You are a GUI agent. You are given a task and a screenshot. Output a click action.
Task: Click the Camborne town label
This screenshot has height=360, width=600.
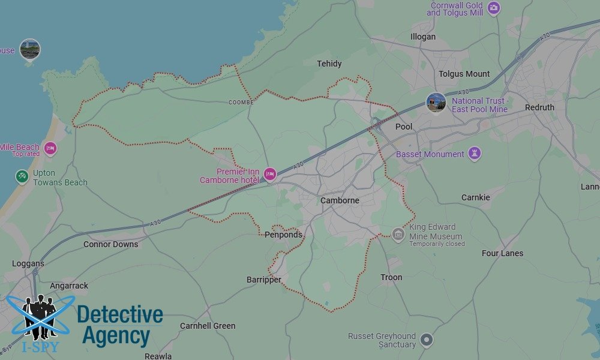pos(340,200)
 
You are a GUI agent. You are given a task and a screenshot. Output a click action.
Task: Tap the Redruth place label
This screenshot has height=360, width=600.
pos(539,107)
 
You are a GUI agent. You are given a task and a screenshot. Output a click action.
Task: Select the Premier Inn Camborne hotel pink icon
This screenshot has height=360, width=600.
pos(269,174)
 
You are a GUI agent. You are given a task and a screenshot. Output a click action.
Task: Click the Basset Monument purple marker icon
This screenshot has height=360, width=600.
pos(475,154)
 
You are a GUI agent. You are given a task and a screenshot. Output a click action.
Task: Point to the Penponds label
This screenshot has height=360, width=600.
pos(283,235)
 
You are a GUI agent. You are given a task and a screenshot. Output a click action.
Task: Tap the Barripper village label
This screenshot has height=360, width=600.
pos(264,280)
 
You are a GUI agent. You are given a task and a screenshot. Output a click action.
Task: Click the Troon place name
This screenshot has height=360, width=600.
pos(391,277)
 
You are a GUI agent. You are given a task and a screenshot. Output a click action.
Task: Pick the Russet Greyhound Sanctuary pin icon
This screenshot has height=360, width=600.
pos(427,340)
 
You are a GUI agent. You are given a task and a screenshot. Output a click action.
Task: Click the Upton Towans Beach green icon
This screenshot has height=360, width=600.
pos(22,176)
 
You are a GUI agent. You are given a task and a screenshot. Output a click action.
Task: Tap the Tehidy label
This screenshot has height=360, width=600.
pos(329,64)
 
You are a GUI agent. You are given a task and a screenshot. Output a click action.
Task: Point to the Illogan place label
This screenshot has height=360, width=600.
pos(423,37)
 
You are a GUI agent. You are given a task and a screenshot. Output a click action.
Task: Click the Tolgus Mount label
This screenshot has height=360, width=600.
pos(464,74)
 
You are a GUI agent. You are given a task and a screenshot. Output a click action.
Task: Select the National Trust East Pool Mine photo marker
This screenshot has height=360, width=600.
pos(436,102)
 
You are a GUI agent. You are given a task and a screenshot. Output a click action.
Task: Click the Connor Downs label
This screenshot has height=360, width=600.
pos(110,244)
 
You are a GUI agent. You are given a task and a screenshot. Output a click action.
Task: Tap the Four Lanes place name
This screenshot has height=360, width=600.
pos(502,253)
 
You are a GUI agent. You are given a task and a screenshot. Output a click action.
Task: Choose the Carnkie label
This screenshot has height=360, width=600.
pos(476,197)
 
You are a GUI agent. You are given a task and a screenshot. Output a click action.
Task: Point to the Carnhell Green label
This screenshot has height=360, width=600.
pos(208,326)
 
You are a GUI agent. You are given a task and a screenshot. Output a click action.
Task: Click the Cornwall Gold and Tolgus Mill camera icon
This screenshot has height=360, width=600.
pos(494,8)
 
